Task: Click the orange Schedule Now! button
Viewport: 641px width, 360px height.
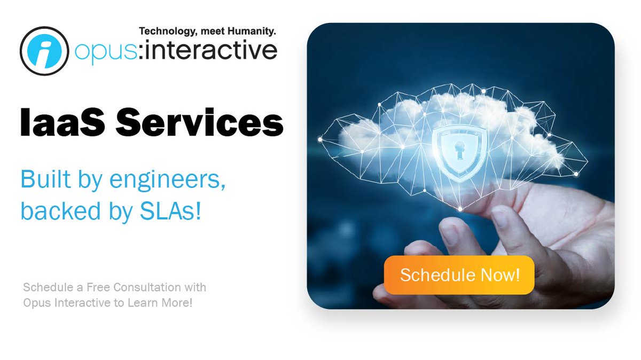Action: tap(459, 275)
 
